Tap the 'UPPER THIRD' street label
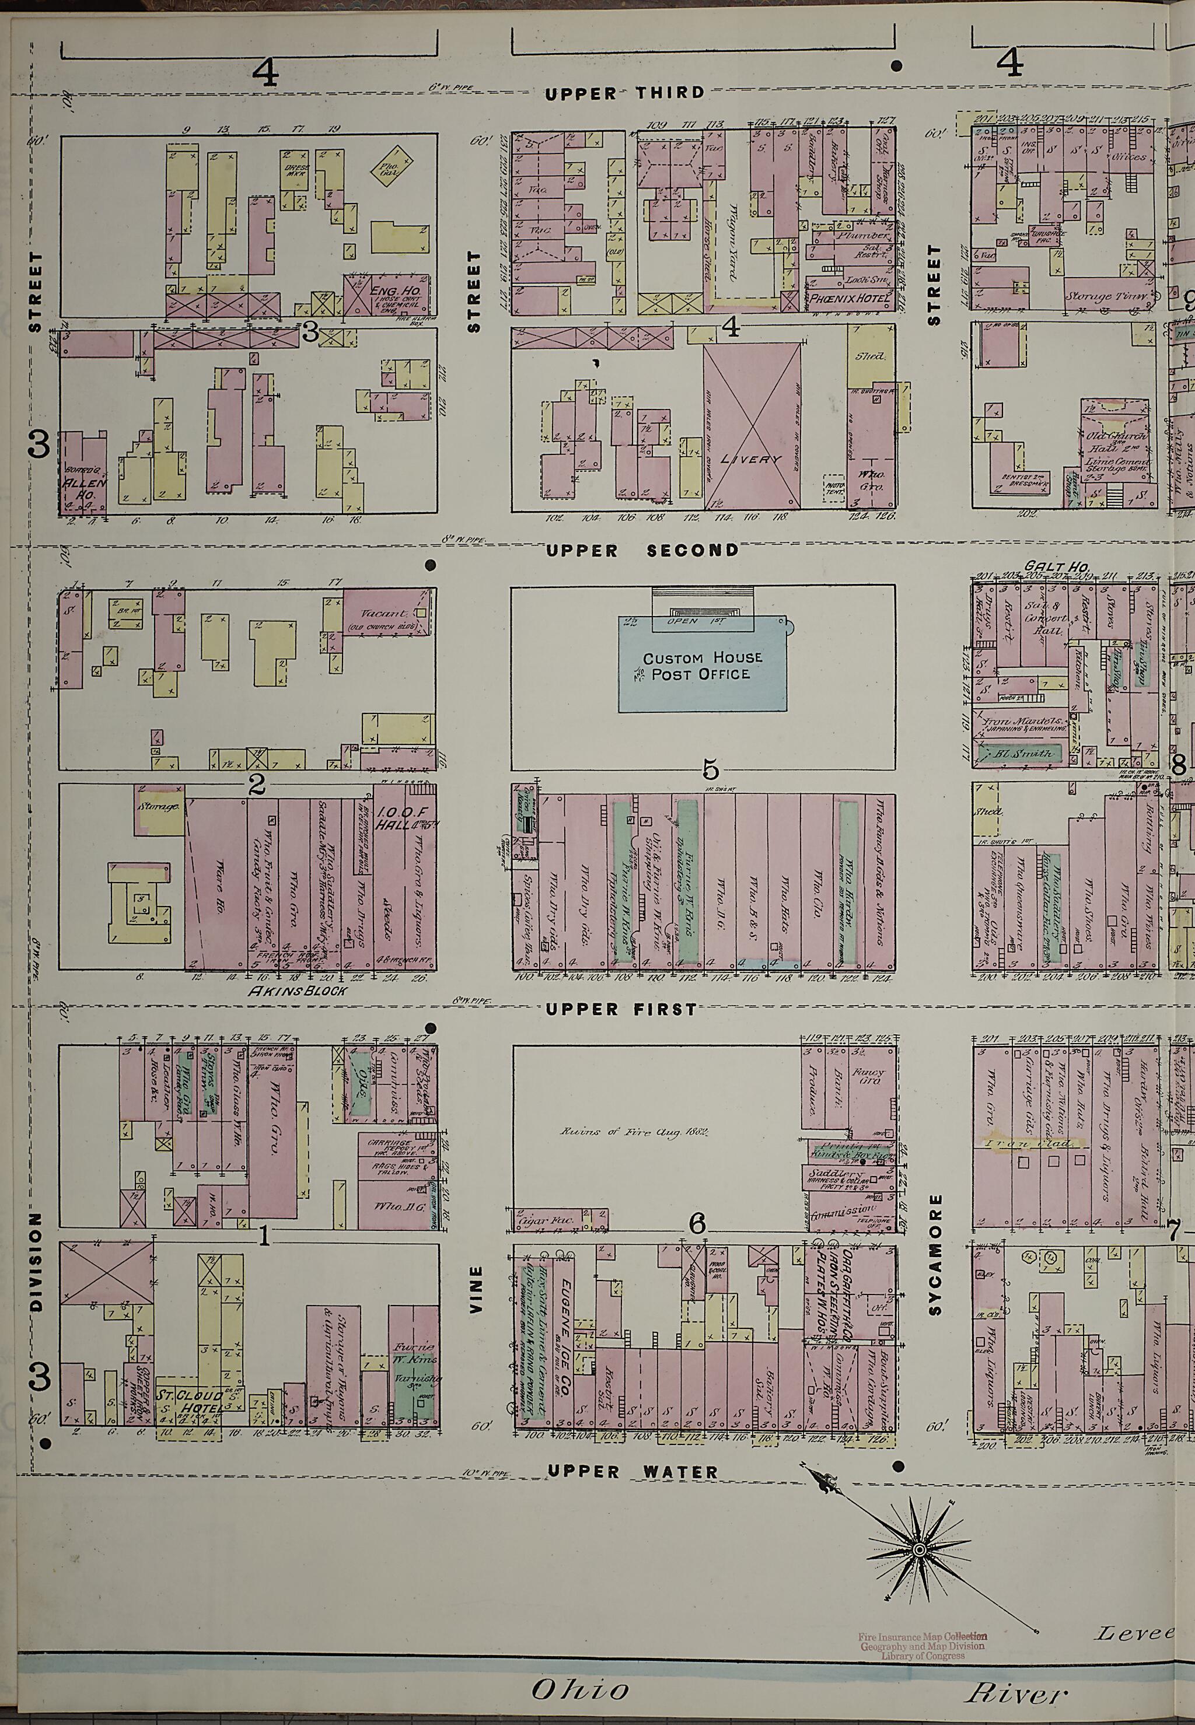[x=624, y=93]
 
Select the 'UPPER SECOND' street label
[x=642, y=551]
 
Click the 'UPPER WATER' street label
[x=632, y=1472]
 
